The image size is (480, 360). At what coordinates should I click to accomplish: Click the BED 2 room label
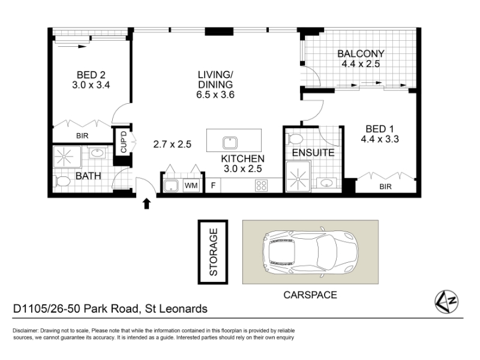pyautogui.click(x=91, y=74)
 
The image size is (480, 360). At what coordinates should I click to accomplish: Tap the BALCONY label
pyautogui.click(x=361, y=53)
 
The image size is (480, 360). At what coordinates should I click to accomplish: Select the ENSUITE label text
pyautogui.click(x=313, y=152)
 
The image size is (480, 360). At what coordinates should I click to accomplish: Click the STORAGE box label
pyautogui.click(x=213, y=252)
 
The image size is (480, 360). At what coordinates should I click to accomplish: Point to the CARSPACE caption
pyautogui.click(x=310, y=295)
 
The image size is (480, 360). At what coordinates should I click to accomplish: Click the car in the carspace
pyautogui.click(x=310, y=252)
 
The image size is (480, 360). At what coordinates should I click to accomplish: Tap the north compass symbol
pyautogui.click(x=446, y=302)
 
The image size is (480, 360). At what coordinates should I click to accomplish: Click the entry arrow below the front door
pyautogui.click(x=146, y=203)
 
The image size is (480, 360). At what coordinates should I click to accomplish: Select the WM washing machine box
pyautogui.click(x=191, y=185)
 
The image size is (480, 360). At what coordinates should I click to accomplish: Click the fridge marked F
pyautogui.click(x=213, y=185)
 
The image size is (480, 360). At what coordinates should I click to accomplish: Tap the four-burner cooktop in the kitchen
pyautogui.click(x=261, y=185)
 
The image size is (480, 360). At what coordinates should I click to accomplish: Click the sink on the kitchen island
pyautogui.click(x=230, y=143)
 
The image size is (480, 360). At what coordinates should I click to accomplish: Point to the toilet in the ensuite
pyautogui.click(x=295, y=139)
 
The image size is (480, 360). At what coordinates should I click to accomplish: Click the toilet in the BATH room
pyautogui.click(x=62, y=181)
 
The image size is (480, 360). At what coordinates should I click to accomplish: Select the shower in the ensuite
pyautogui.click(x=298, y=177)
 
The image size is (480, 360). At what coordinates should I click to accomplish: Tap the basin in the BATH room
pyautogui.click(x=97, y=152)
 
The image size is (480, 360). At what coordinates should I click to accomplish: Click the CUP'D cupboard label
pyautogui.click(x=124, y=142)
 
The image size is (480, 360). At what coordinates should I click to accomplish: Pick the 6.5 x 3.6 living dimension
pyautogui.click(x=215, y=95)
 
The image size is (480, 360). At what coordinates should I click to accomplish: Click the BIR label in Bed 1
pyautogui.click(x=385, y=186)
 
